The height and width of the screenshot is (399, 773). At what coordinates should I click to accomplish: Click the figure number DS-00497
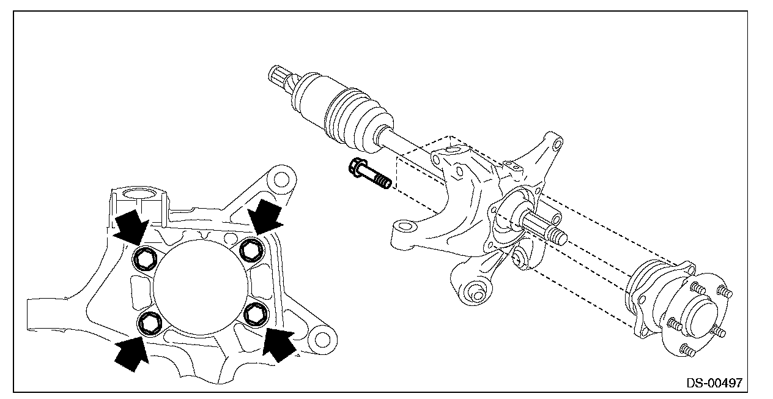pyautogui.click(x=714, y=384)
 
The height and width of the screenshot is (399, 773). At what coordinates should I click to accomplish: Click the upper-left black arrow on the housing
pyautogui.click(x=131, y=226)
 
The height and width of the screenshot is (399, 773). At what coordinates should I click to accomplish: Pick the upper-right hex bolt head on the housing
pyautogui.click(x=249, y=248)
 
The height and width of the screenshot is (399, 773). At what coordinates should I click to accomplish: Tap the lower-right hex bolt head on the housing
pyautogui.click(x=254, y=313)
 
